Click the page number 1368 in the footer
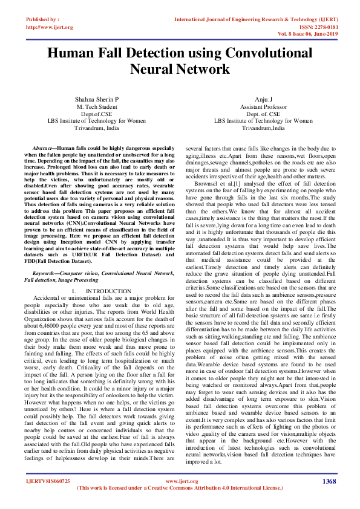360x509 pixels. click(329, 481)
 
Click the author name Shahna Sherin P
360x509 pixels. click(97, 98)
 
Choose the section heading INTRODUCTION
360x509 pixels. click(108, 291)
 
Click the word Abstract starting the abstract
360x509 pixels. click(44, 148)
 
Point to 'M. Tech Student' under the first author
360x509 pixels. click(97, 106)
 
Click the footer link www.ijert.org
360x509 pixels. click(181, 481)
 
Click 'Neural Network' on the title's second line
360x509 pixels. click(180, 68)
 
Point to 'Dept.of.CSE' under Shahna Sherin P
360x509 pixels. click(97, 113)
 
